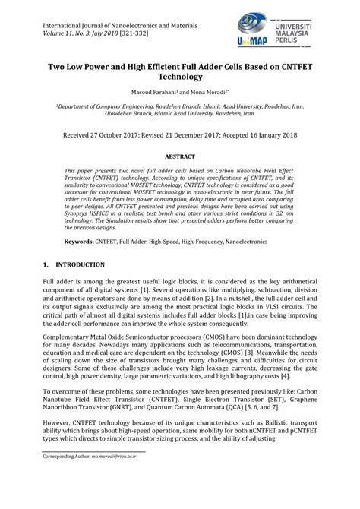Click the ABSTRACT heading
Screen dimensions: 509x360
coord(179,153)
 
